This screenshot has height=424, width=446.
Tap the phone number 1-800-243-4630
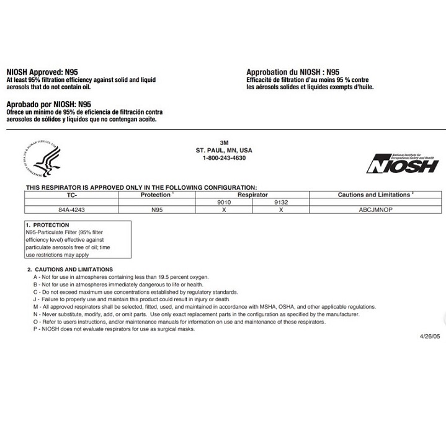(224, 158)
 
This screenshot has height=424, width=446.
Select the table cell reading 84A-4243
(71, 210)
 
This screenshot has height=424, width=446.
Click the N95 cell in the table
(157, 210)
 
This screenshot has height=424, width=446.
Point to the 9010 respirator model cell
(223, 202)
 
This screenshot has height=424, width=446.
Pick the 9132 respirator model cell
(281, 202)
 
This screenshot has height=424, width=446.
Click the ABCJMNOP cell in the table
(375, 210)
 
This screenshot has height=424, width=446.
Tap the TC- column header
(71, 195)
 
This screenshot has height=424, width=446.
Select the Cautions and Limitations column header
(375, 195)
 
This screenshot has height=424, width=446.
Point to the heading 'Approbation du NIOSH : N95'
(293, 73)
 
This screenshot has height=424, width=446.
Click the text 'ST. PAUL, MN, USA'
(224, 151)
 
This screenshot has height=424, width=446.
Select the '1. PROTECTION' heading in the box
(47, 225)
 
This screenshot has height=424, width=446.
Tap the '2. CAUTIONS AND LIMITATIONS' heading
(69, 269)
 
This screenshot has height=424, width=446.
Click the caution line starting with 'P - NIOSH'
(114, 329)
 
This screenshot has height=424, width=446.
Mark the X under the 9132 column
(281, 210)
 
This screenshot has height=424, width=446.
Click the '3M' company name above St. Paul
(224, 143)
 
